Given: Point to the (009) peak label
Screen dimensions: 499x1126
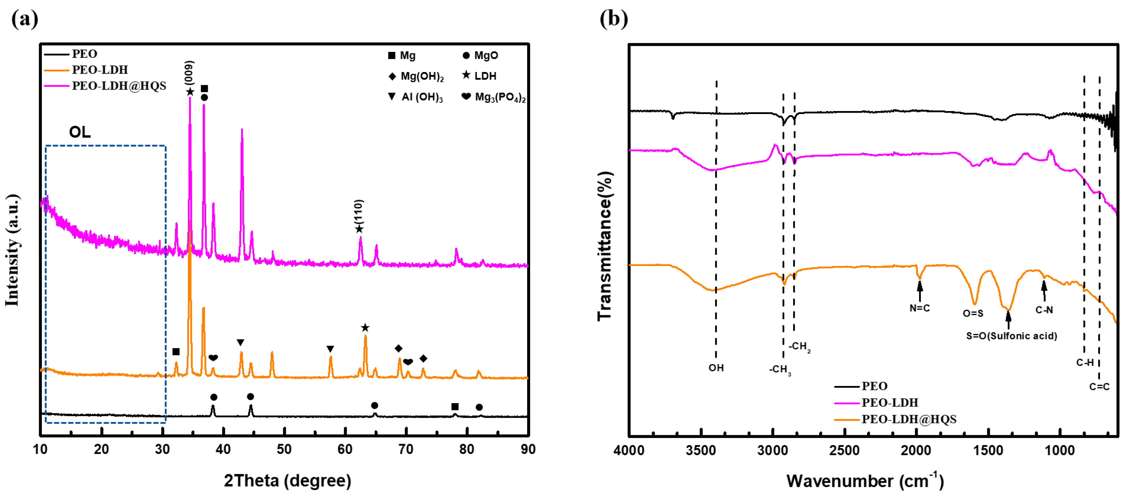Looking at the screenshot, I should (x=189, y=72).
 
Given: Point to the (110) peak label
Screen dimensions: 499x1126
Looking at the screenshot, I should (x=359, y=212).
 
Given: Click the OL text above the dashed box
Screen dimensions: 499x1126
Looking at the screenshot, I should (x=80, y=132).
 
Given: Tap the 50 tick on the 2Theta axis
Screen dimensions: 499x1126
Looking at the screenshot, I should (x=284, y=449).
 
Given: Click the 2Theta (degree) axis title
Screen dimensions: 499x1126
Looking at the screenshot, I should (x=287, y=480).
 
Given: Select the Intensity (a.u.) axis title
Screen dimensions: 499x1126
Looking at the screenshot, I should (x=12, y=250).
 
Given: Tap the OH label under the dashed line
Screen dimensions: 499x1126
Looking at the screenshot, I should (x=716, y=367).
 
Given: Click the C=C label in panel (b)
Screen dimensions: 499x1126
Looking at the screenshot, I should (x=1099, y=386).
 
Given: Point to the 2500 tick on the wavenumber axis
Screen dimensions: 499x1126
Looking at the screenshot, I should (x=844, y=450).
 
